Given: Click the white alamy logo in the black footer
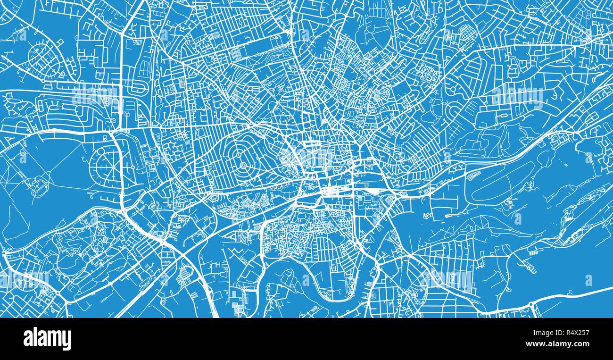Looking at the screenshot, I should [x=47, y=339].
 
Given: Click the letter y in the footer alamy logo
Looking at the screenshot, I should [x=67, y=341].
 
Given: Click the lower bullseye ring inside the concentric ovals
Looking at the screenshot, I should [x=243, y=166].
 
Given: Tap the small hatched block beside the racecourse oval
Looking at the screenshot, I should [x=474, y=175].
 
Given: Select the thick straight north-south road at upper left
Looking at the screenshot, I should [x=122, y=80].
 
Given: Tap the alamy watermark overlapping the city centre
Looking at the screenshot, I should [x=309, y=158].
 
